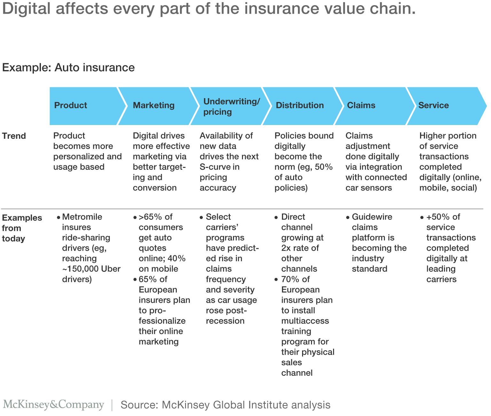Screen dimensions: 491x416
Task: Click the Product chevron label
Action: [x=71, y=105]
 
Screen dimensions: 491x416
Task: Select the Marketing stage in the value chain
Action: [x=154, y=105]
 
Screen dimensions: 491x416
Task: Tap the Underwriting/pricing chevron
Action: [x=232, y=106]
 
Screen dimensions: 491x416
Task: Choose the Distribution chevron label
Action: [x=300, y=105]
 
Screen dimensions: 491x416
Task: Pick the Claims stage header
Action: [x=361, y=105]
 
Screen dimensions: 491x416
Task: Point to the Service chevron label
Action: [x=433, y=105]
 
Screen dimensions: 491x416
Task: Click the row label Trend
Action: [x=14, y=136]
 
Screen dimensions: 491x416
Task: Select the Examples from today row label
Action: [x=22, y=228]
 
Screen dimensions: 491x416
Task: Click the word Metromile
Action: [x=82, y=217]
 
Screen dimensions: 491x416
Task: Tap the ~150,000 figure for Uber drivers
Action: [x=80, y=269]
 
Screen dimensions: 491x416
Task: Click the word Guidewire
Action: [x=372, y=217]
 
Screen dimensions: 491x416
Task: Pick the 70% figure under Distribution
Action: [x=291, y=279]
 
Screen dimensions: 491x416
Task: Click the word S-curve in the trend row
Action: [x=215, y=167]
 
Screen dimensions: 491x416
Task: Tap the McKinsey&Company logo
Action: [x=53, y=404]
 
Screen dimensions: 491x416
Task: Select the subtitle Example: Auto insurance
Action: [x=68, y=68]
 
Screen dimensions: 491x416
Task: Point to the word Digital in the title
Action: [x=26, y=9]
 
